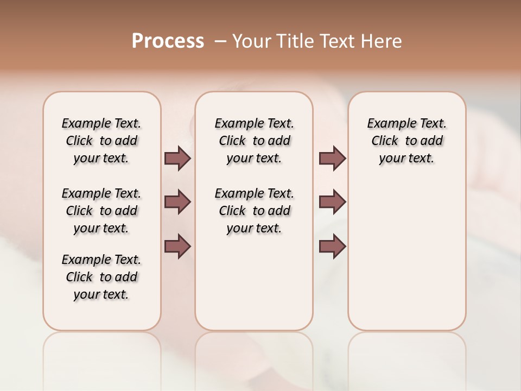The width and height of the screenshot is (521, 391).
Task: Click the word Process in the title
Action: click(x=168, y=41)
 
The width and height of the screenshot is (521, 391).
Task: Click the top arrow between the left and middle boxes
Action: click(x=177, y=159)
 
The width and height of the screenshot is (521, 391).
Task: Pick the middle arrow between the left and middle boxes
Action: click(x=177, y=202)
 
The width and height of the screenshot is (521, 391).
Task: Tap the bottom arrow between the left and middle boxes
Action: click(x=177, y=246)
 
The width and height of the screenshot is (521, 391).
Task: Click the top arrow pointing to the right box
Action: click(x=332, y=159)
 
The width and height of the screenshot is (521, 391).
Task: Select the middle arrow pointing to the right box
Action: click(x=332, y=202)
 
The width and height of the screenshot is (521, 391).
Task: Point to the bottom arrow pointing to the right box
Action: click(x=332, y=246)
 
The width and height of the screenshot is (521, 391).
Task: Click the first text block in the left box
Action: click(x=101, y=141)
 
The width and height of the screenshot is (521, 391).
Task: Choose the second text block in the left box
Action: click(x=101, y=211)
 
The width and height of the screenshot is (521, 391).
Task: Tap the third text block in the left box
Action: click(x=101, y=277)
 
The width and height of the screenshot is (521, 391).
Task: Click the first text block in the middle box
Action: click(x=254, y=141)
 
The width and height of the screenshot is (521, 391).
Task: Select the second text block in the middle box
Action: click(x=254, y=211)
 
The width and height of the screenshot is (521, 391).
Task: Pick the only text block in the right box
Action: click(x=406, y=141)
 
